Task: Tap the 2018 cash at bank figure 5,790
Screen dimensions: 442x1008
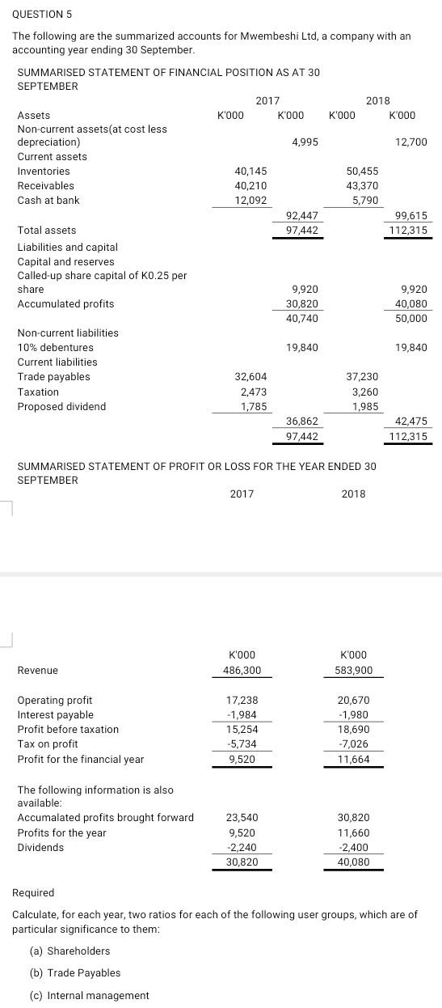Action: tap(363, 201)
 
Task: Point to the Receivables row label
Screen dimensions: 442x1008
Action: tap(45, 186)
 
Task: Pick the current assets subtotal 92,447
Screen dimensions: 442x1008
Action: tap(302, 216)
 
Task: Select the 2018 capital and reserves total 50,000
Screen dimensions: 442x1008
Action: tap(412, 319)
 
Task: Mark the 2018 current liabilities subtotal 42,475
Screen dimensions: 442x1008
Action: tap(410, 421)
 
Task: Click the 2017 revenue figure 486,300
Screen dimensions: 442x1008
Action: tap(246, 671)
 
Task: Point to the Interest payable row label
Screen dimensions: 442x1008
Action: tap(55, 715)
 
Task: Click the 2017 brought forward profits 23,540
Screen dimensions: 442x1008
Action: tap(242, 818)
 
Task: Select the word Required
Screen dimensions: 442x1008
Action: tap(34, 893)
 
